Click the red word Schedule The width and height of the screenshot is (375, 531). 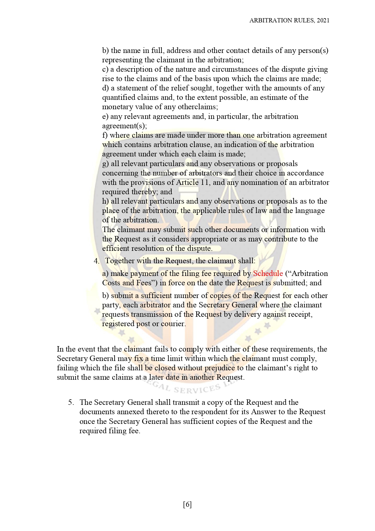tap(268, 274)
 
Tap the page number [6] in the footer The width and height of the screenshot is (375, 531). tap(187, 504)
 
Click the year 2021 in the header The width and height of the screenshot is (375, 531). tap(323, 20)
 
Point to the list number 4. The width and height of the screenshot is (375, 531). tap(96, 261)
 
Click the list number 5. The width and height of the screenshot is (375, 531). tap(71, 402)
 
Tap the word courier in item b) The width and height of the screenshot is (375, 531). tap(174, 324)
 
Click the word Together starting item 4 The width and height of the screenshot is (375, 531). tap(120, 261)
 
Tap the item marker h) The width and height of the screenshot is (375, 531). tap(106, 201)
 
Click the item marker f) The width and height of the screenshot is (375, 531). tap(105, 135)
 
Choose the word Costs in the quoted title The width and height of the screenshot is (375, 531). tap(111, 283)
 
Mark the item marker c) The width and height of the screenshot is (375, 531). tap(105, 69)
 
